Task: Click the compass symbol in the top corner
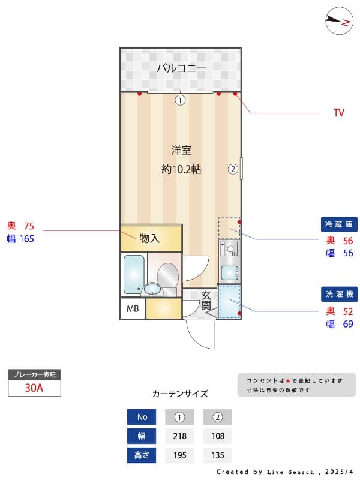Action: point(339,22)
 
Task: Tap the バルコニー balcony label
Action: point(181,68)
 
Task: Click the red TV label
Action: point(338,113)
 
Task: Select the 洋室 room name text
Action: point(181,150)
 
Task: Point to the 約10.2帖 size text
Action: point(181,169)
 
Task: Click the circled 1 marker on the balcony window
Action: point(180,100)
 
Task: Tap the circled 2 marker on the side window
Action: point(233,169)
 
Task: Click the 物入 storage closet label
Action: point(150,239)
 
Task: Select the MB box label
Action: point(132,309)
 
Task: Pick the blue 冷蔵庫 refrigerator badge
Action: point(340,224)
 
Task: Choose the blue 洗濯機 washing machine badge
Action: point(340,295)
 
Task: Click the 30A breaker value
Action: point(34,388)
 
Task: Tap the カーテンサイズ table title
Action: point(180,394)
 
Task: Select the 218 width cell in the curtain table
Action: point(179,436)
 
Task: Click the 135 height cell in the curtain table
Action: point(217,455)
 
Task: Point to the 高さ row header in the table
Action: point(142,455)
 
